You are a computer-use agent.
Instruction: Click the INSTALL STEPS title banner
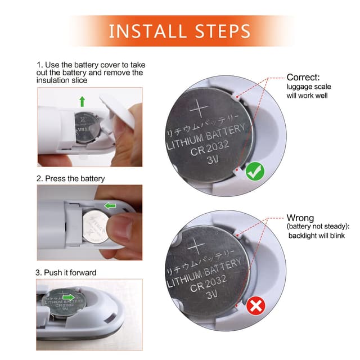coord(180,30)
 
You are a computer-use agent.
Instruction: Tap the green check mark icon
coord(255,172)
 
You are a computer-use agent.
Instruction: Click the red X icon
coord(256,307)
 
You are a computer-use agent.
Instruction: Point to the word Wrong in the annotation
coord(300,218)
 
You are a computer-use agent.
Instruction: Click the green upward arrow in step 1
coord(82,101)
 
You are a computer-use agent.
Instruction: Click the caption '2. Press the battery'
coord(70,178)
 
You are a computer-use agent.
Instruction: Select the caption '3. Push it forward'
coord(66,272)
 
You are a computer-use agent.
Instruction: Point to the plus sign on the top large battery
coord(199,106)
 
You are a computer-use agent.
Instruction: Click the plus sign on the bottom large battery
coord(196,245)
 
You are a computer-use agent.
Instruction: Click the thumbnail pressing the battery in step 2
coord(89,217)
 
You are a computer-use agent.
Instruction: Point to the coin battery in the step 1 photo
coord(87,124)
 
